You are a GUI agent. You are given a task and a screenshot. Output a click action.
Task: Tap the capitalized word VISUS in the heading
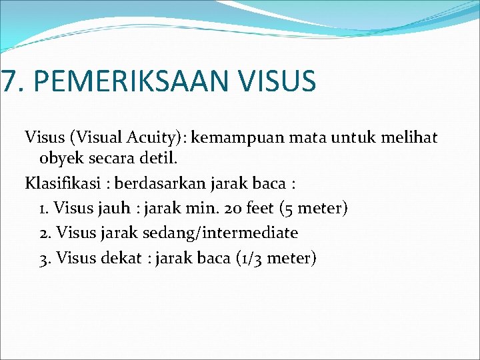tap(280, 81)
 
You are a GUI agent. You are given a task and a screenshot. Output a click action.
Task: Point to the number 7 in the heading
tap(7, 81)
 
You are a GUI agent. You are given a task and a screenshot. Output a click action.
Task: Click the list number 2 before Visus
tap(44, 233)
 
